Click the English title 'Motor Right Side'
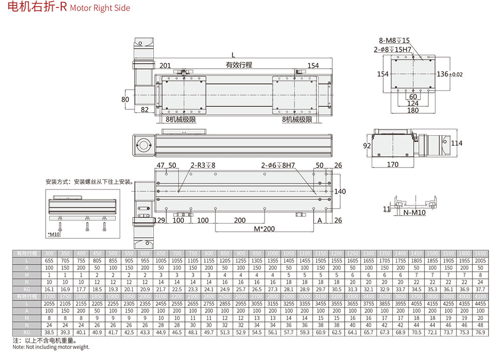[x=100, y=8]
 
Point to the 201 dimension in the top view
[x=165, y=66]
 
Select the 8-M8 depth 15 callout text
[x=395, y=41]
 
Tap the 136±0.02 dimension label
[x=449, y=74]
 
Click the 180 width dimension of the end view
[x=413, y=110]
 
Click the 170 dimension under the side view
[x=393, y=164]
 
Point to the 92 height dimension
[x=367, y=145]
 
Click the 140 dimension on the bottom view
[x=340, y=192]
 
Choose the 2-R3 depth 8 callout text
[x=203, y=165]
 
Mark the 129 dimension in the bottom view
[x=159, y=221]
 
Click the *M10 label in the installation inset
[x=53, y=234]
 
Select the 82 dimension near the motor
[x=144, y=110]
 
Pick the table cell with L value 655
[x=49, y=261]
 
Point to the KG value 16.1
[x=49, y=289]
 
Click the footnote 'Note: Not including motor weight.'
[x=51, y=347]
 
